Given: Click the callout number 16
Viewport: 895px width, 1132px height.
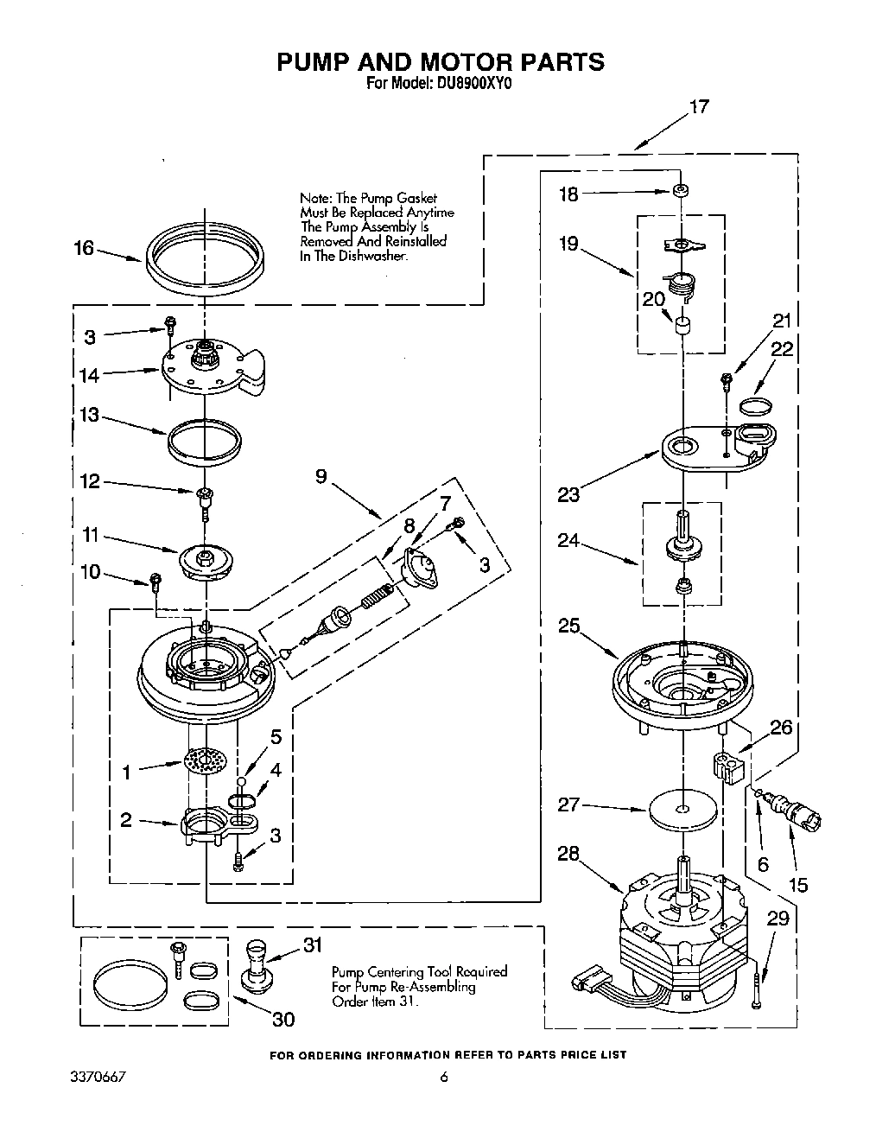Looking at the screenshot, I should click(84, 249).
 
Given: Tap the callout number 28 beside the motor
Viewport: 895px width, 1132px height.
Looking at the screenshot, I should click(568, 855).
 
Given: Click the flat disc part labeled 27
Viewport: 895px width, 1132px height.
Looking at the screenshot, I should click(683, 810).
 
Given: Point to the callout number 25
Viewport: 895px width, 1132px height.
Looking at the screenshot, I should click(568, 626).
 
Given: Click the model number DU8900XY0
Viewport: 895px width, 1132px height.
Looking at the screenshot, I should click(469, 85).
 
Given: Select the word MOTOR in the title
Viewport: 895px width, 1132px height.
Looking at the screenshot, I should click(469, 61).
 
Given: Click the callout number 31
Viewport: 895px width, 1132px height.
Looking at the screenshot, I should click(313, 946).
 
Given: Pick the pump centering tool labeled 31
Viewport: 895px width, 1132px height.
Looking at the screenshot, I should click(256, 963).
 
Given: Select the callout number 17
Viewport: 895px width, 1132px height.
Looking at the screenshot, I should click(698, 107).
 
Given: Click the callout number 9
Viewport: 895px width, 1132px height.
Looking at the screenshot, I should click(321, 476).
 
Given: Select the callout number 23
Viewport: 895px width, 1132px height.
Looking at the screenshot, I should click(568, 494).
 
